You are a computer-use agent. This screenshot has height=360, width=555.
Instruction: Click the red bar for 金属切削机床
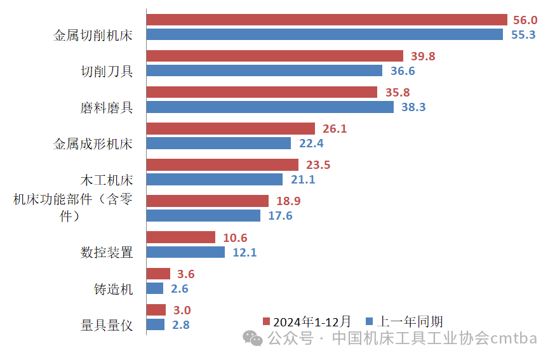(326, 20)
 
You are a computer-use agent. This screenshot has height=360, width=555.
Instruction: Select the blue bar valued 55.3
(324, 34)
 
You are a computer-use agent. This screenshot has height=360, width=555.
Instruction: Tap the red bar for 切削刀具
(274, 56)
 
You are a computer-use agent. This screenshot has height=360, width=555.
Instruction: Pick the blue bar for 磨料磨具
(270, 107)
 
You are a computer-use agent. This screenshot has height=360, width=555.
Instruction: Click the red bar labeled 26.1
(231, 128)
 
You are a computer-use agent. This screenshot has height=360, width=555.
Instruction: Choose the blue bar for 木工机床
(214, 179)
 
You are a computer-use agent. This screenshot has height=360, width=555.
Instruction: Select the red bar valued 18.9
(208, 201)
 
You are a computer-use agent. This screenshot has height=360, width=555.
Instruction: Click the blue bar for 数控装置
(185, 252)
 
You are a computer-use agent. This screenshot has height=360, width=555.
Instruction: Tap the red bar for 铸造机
(158, 274)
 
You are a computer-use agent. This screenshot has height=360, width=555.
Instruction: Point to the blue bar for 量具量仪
(156, 324)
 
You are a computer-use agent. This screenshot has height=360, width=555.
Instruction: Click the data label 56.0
(524, 20)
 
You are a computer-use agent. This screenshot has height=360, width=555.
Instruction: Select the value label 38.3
(413, 107)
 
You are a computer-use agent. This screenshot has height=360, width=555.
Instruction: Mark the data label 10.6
(235, 238)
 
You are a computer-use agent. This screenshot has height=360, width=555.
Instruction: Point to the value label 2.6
(180, 289)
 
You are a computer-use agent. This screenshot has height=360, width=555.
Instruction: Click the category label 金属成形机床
(93, 143)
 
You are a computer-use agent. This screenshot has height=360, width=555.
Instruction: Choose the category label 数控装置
(107, 252)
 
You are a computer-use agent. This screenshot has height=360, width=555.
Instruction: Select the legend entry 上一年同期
(405, 321)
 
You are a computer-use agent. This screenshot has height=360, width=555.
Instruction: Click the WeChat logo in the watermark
(255, 339)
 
